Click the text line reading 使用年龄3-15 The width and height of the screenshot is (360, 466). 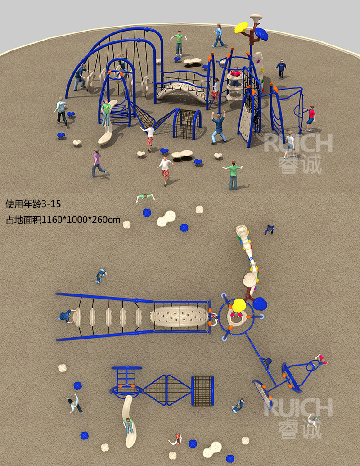pyautogui.click(x=33, y=204)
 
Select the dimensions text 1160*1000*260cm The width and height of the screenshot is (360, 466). pyautogui.click(x=81, y=220)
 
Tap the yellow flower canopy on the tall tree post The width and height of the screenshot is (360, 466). pyautogui.click(x=241, y=27)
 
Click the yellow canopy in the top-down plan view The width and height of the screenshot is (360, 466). pyautogui.click(x=239, y=306)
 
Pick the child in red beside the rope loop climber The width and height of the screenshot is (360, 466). pyautogui.click(x=310, y=118)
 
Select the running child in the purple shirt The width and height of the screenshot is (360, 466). pyautogui.click(x=98, y=163)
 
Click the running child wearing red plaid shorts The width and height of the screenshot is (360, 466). pyautogui.click(x=165, y=171)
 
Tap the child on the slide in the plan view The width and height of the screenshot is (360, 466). pyautogui.click(x=129, y=425)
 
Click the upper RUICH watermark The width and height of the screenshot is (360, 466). pyautogui.click(x=298, y=143)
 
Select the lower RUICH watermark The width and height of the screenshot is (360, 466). pyautogui.click(x=298, y=408)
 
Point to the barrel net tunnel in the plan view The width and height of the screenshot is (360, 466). pyautogui.click(x=202, y=391)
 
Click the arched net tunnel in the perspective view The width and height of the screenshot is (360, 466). pyautogui.click(x=187, y=124)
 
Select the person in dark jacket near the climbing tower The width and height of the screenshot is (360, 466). pyautogui.click(x=281, y=68)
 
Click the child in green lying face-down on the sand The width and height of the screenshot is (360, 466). pyautogui.click(x=145, y=197)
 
